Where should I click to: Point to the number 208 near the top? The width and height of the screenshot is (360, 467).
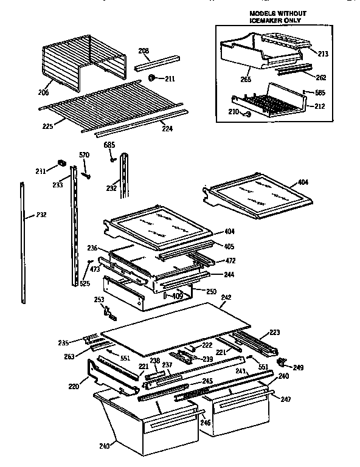144,50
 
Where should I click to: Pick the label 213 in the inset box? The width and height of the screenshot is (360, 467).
322,54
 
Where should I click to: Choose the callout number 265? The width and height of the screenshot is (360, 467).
246,79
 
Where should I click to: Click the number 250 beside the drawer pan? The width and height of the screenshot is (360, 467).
210,292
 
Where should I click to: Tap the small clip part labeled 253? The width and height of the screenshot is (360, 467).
109,312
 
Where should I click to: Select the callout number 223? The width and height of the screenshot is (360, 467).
274,333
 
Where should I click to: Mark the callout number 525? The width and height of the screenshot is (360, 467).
85,283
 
